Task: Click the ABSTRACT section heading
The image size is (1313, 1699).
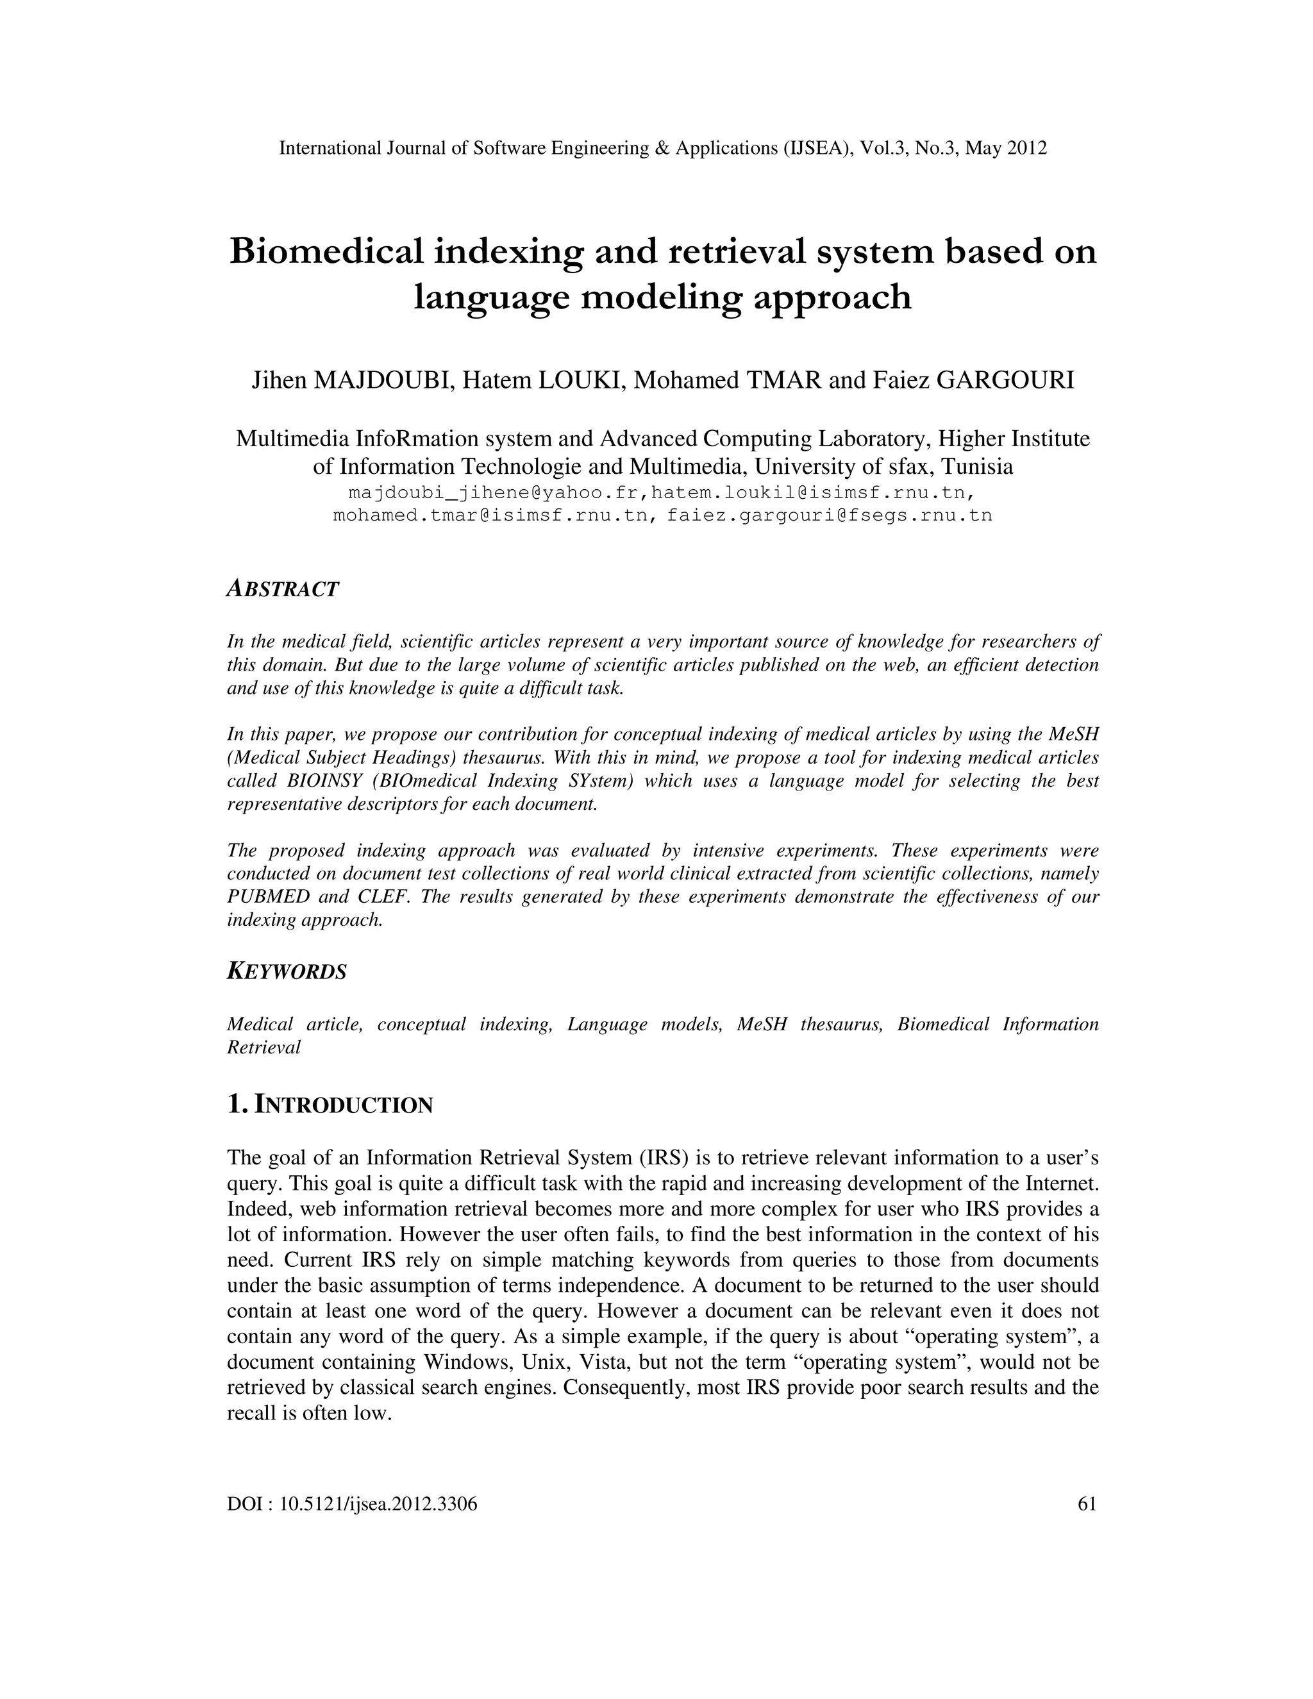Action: click(282, 590)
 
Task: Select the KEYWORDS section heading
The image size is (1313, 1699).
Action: click(286, 971)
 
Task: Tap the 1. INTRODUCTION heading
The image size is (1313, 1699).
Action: click(330, 1105)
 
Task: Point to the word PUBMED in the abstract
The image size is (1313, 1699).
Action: click(269, 897)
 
